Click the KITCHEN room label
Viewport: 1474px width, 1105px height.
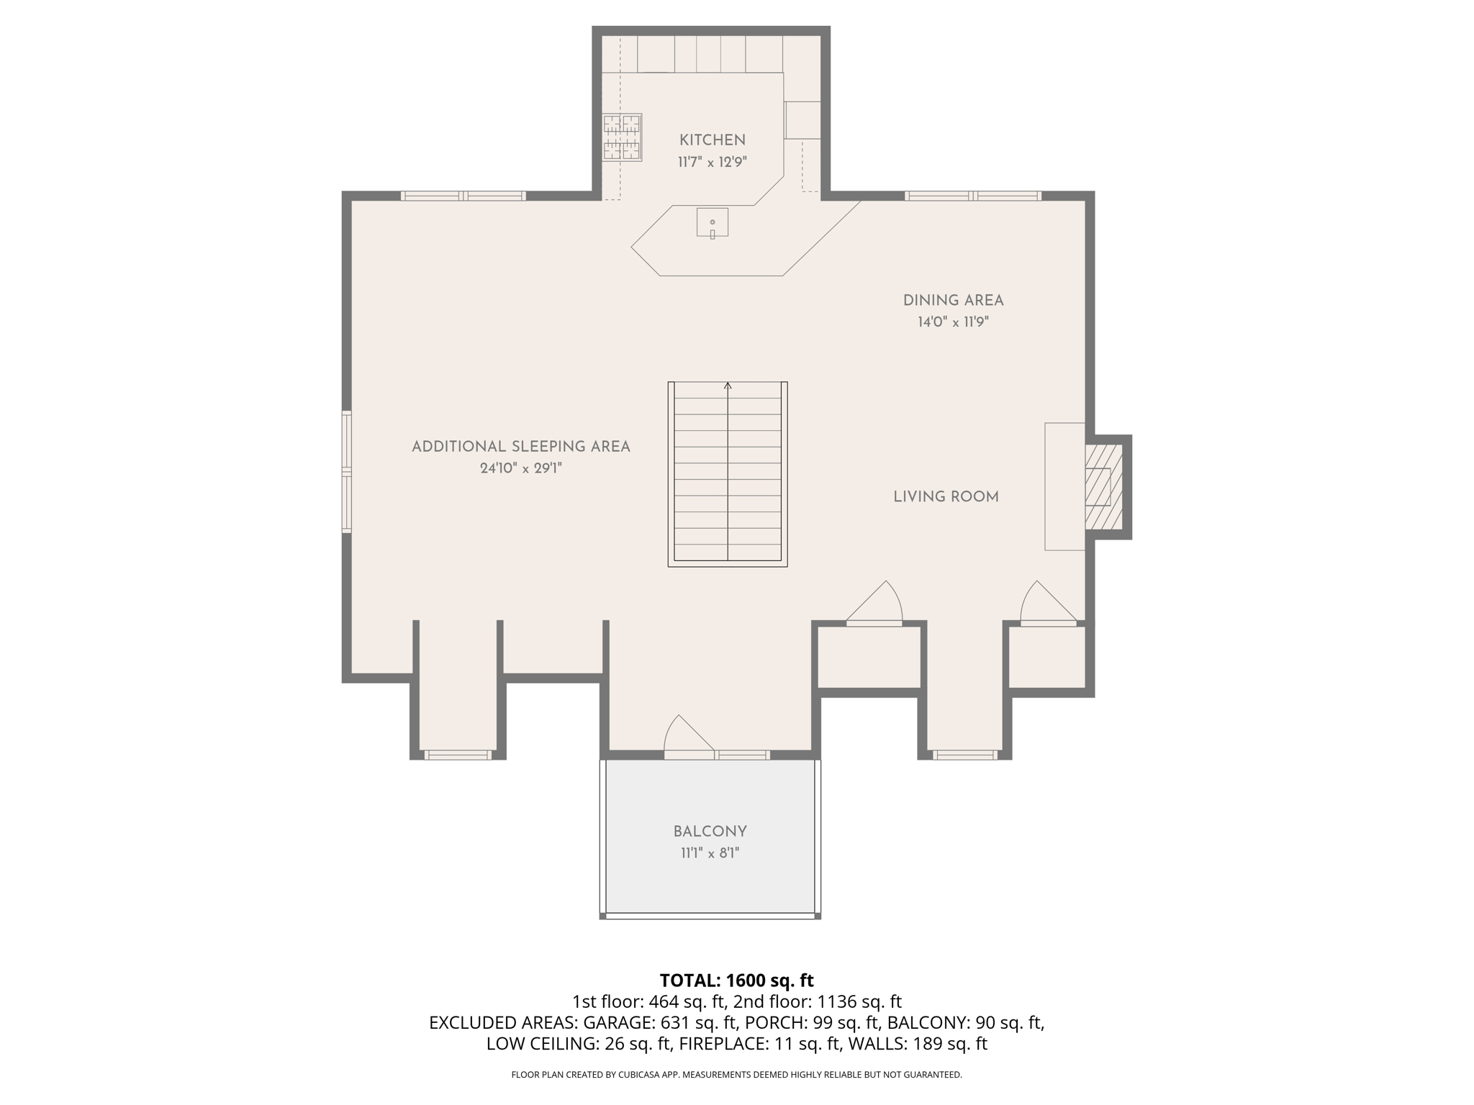pyautogui.click(x=712, y=140)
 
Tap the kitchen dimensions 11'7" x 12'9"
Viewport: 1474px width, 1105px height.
pyautogui.click(x=712, y=163)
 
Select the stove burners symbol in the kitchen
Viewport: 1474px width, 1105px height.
pyautogui.click(x=622, y=137)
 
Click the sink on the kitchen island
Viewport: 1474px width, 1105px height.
pyautogui.click(x=712, y=222)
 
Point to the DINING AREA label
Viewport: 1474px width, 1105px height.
pyautogui.click(x=953, y=301)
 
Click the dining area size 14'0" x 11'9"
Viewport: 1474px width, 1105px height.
pyautogui.click(x=953, y=322)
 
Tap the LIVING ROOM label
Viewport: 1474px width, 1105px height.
pyautogui.click(x=946, y=497)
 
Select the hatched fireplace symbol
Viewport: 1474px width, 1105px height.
pyautogui.click(x=1103, y=487)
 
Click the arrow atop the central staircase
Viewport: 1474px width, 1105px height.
pyautogui.click(x=728, y=386)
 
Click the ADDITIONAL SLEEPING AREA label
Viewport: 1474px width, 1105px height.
pyautogui.click(x=520, y=447)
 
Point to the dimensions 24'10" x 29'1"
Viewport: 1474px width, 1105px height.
pyautogui.click(x=520, y=468)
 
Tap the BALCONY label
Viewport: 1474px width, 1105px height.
pyautogui.click(x=710, y=832)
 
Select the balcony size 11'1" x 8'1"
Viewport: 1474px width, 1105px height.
pyautogui.click(x=710, y=854)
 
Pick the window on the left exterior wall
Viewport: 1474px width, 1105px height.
pyautogui.click(x=346, y=471)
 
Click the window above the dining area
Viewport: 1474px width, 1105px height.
pyautogui.click(x=972, y=196)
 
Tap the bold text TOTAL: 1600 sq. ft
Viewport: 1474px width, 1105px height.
pyautogui.click(x=736, y=981)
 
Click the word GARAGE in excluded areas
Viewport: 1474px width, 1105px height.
pyautogui.click(x=612, y=1022)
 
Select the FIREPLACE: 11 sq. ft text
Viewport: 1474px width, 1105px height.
pyautogui.click(x=759, y=1044)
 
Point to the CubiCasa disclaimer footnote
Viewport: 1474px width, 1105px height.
pyautogui.click(x=736, y=1075)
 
